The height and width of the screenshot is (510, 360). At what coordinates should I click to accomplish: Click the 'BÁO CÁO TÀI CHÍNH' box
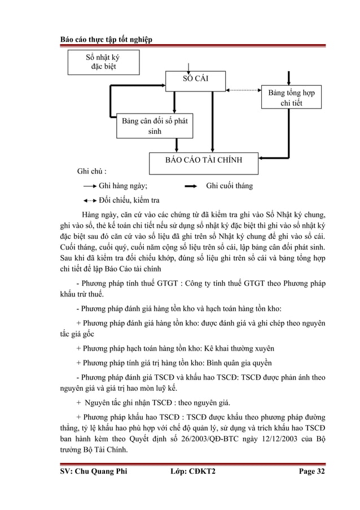point(204,160)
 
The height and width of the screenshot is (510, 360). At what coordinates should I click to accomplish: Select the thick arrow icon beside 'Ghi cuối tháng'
point(191,185)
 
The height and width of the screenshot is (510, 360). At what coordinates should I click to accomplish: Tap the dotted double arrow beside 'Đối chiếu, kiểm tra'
point(89,200)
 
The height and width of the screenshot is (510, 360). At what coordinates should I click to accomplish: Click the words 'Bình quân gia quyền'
point(236,362)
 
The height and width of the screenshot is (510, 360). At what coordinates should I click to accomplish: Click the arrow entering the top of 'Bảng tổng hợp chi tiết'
point(290,78)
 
